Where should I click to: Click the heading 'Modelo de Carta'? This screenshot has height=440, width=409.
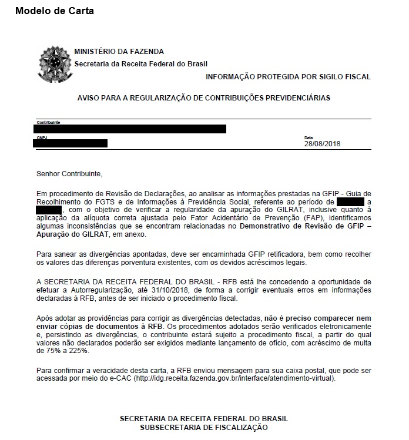(x=54, y=11)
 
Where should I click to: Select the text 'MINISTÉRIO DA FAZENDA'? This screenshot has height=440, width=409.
(x=119, y=52)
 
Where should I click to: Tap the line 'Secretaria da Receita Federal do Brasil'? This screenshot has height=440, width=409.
(x=141, y=64)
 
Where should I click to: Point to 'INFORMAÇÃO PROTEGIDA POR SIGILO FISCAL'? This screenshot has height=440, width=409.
(x=288, y=77)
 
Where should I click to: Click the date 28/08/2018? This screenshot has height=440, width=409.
(x=322, y=143)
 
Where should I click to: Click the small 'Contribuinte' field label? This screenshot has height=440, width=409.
(x=48, y=122)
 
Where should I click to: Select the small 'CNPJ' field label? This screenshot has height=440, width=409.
(x=42, y=137)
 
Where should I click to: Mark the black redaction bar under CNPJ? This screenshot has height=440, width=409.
(x=71, y=143)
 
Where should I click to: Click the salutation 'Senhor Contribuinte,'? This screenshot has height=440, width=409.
(x=69, y=174)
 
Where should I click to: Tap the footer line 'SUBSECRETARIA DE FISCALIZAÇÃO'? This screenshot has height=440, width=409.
(x=203, y=428)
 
